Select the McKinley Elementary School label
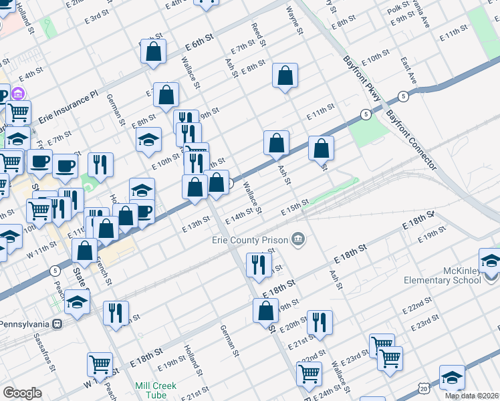(x=443, y=275)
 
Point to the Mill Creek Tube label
(x=156, y=390)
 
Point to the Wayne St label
(x=295, y=21)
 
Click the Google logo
(x=22, y=393)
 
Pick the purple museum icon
(x=19, y=93)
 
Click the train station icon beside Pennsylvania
(x=57, y=323)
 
